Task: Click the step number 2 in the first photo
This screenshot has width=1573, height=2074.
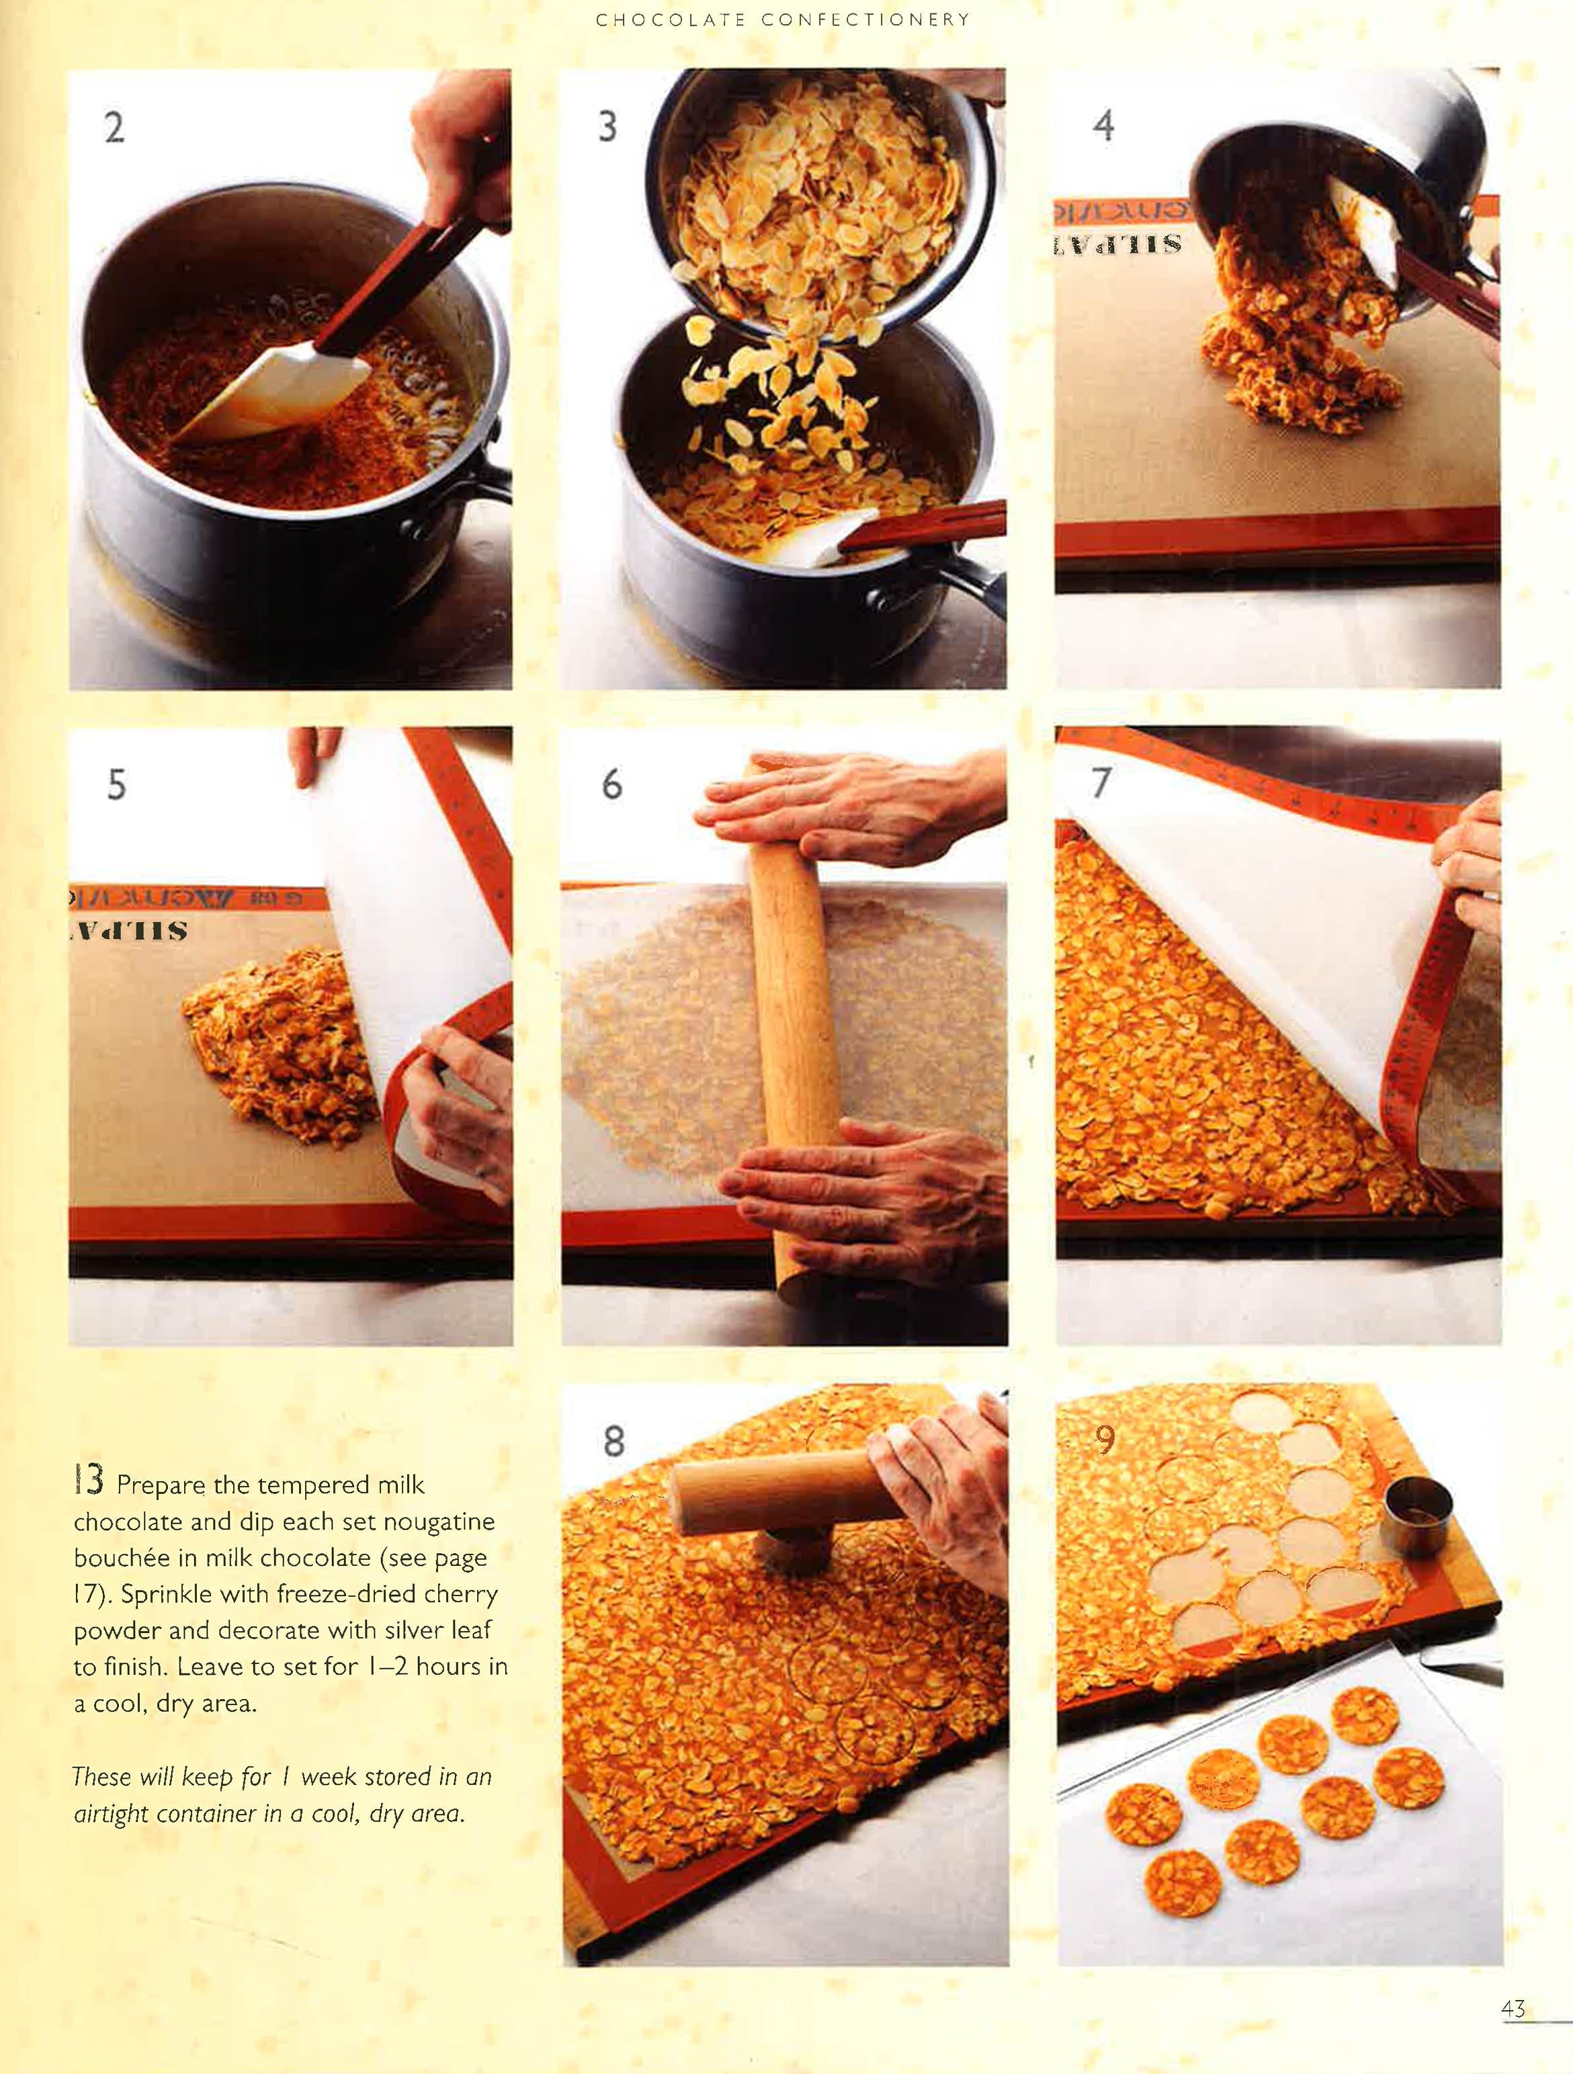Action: (x=114, y=128)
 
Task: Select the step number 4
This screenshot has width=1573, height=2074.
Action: (x=1103, y=125)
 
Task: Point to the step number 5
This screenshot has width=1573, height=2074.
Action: (x=116, y=785)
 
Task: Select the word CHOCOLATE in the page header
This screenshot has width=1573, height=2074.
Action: (x=669, y=19)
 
